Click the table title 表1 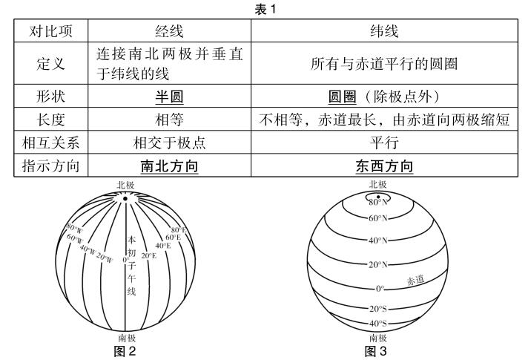click(265, 9)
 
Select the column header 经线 click(169, 31)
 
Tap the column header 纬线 click(384, 31)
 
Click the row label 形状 click(50, 96)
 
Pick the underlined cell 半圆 click(169, 96)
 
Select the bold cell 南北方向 click(169, 166)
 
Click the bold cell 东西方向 click(384, 166)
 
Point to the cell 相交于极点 click(169, 143)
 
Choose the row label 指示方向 click(50, 166)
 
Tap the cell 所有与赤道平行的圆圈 click(384, 64)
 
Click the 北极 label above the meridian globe click(125, 185)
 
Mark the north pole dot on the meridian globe click(125, 199)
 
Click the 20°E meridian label click(148, 256)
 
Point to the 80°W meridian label click(73, 228)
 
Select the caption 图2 click(125, 351)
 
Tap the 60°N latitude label click(377, 218)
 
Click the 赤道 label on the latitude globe click(415, 280)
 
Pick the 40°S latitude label click(377, 324)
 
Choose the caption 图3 click(376, 351)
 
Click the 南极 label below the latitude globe click(377, 338)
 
